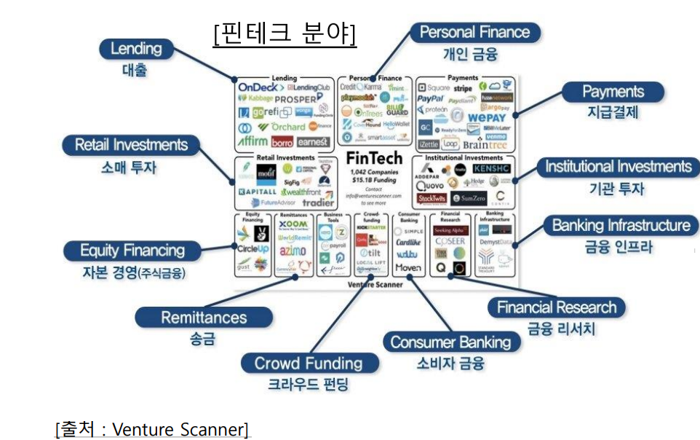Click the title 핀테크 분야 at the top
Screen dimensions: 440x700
285,33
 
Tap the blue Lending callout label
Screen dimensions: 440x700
136,50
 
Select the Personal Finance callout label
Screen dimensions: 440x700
474,33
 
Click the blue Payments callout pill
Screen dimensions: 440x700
613,92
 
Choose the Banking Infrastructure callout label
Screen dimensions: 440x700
620,225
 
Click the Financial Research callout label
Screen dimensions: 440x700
557,307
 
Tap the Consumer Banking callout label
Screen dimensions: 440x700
450,342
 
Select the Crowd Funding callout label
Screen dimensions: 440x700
308,363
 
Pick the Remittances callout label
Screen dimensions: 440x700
204,318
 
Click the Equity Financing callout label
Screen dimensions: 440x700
132,251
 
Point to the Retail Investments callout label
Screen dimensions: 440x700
131,145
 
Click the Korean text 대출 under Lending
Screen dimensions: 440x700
135,71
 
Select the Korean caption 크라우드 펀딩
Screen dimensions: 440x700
307,384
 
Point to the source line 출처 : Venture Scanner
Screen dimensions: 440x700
152,429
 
